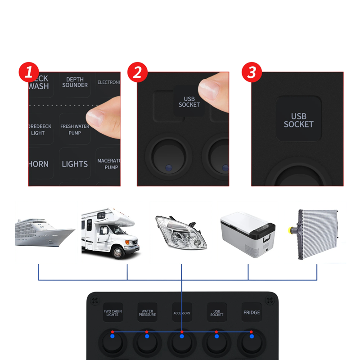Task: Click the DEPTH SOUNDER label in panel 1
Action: tap(75, 82)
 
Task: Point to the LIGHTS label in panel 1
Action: tap(75, 164)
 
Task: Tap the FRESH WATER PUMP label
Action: tap(75, 130)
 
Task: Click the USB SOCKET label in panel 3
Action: tap(299, 120)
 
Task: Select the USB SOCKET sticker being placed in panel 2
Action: tap(189, 102)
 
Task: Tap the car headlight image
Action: tap(181, 232)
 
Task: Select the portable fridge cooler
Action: tap(247, 234)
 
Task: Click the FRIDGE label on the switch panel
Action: tap(252, 312)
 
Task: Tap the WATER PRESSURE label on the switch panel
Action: tap(147, 313)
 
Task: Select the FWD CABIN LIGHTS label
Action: tap(112, 313)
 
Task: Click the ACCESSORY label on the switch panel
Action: tap(182, 313)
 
